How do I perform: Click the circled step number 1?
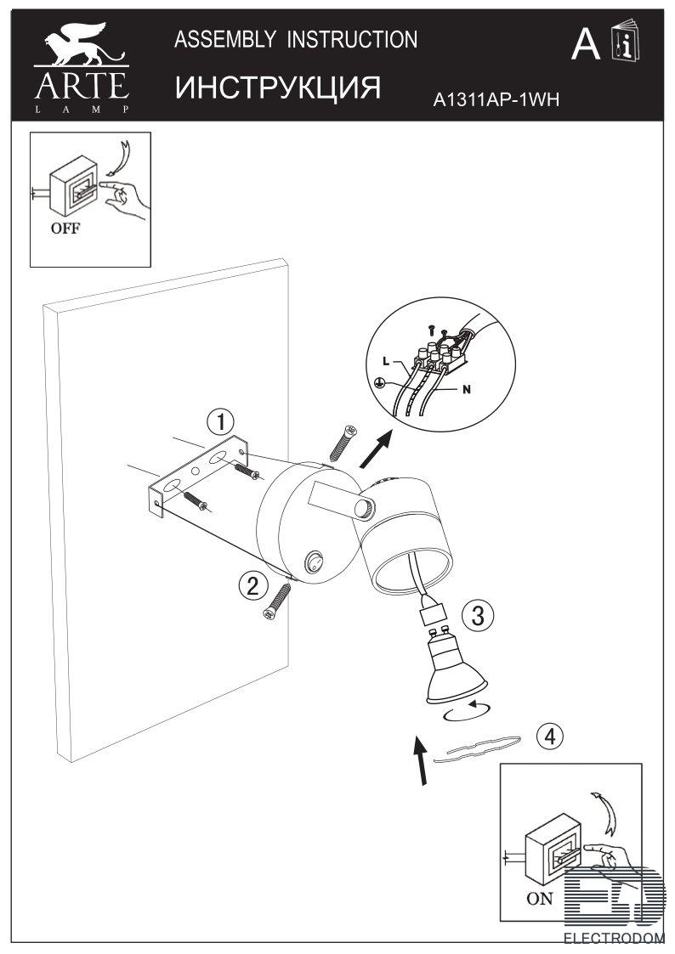pyautogui.click(x=220, y=421)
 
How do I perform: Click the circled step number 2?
pyautogui.click(x=251, y=584)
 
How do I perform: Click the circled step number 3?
pyautogui.click(x=478, y=615)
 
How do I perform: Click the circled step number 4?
pyautogui.click(x=550, y=737)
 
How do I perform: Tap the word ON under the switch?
pyautogui.click(x=539, y=899)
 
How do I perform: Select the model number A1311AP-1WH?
pyautogui.click(x=496, y=100)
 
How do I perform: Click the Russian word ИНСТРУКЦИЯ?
pyautogui.click(x=276, y=87)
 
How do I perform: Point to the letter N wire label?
pyautogui.click(x=467, y=390)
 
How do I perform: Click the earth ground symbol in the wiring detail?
pyautogui.click(x=383, y=383)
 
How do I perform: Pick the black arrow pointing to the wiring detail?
pyautogui.click(x=377, y=449)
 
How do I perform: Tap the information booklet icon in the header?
pyautogui.click(x=627, y=42)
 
